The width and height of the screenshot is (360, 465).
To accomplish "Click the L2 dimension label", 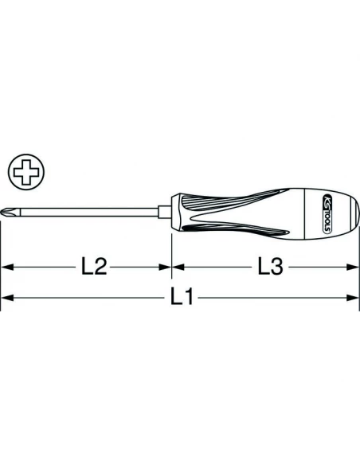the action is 94,267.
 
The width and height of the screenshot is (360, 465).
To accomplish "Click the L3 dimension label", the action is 271,267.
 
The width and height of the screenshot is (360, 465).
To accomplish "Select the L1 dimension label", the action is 182,297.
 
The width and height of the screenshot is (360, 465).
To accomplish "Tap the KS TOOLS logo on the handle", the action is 326,214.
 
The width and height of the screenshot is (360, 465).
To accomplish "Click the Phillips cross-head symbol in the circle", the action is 26,172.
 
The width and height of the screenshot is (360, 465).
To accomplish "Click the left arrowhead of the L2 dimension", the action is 7,267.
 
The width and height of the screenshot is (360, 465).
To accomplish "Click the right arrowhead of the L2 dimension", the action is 165,267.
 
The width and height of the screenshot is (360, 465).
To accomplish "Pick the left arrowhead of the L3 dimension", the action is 178,267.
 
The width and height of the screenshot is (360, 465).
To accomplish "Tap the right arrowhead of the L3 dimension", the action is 353,267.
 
